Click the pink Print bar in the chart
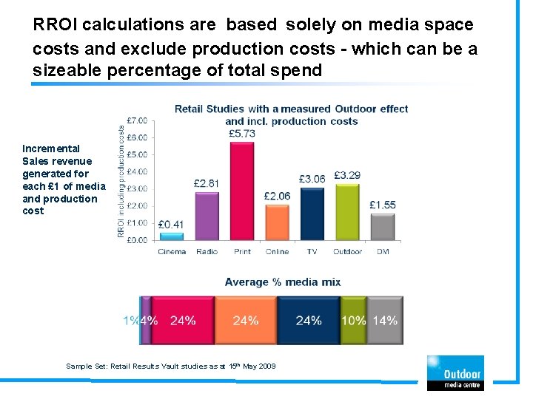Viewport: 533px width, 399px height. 242,191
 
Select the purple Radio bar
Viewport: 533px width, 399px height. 207,216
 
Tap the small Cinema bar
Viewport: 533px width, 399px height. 172,236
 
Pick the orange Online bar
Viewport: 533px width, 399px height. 277,222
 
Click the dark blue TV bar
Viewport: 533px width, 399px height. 312,214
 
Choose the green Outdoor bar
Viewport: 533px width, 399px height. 347,212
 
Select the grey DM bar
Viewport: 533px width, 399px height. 382,227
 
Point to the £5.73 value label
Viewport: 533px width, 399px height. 242,133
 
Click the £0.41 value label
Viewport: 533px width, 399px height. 171,224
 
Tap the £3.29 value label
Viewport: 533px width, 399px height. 347,175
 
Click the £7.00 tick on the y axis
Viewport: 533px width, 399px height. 137,120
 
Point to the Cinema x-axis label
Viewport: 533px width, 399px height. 172,252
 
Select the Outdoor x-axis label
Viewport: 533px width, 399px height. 347,252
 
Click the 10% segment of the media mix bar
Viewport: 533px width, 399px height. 353,321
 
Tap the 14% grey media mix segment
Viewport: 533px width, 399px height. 385,321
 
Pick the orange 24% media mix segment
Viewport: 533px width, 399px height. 246,321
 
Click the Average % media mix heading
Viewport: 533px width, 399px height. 282,282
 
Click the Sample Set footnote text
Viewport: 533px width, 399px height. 170,366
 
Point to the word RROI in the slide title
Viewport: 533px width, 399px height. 56,24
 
